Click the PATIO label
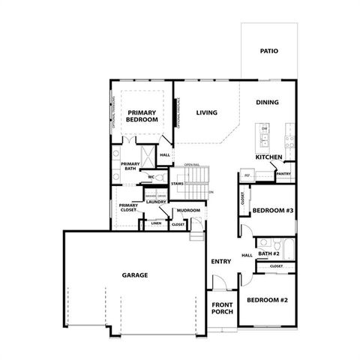[269, 52]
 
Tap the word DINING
[268, 103]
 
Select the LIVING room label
[207, 113]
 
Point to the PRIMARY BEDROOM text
[141, 116]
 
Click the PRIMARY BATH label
[130, 166]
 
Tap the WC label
[151, 177]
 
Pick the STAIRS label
[178, 184]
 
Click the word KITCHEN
[268, 157]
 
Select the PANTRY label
[283, 174]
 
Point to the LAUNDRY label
[156, 202]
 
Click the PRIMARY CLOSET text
[129, 208]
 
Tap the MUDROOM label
[188, 211]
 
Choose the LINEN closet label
[156, 223]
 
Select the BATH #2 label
[269, 254]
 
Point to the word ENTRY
[220, 262]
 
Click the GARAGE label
[135, 275]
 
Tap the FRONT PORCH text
[222, 308]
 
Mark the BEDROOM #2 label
[268, 300]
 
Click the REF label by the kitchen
[246, 175]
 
